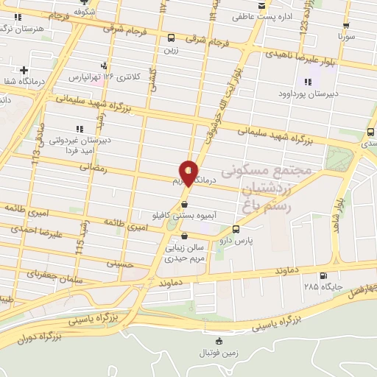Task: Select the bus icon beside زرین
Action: (172, 38)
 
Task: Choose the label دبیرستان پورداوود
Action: (307, 94)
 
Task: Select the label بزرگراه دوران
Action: (35, 336)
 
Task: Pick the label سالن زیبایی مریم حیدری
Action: (184, 253)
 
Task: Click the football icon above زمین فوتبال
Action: (219, 341)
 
